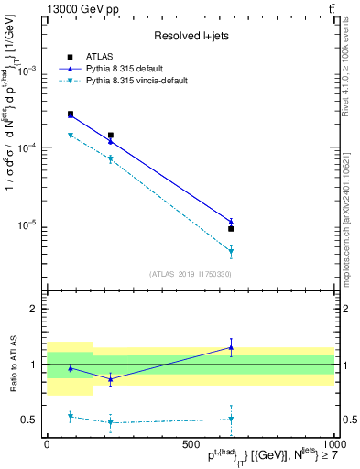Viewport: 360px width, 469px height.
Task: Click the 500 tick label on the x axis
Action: click(x=191, y=445)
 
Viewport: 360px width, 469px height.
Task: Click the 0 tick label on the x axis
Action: click(x=47, y=445)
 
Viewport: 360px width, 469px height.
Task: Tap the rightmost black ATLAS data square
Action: click(x=231, y=229)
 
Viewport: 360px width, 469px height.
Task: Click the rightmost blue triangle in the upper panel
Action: click(x=231, y=221)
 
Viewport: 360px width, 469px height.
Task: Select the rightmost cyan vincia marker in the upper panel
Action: click(x=231, y=250)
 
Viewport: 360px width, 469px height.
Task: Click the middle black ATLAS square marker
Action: click(x=111, y=135)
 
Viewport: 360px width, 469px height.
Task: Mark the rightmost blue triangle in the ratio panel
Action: click(x=231, y=347)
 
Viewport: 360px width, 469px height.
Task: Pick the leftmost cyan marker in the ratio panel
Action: click(x=71, y=416)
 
